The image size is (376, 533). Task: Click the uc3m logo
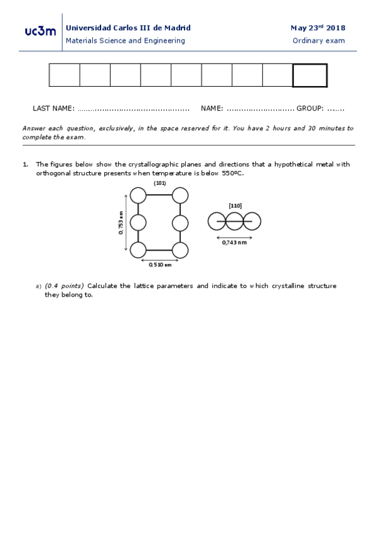pos(40,31)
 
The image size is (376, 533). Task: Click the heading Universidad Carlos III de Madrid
pos(128,28)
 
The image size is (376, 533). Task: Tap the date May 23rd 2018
pos(318,28)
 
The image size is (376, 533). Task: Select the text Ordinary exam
pos(319,41)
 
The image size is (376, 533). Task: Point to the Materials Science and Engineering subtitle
pos(126,41)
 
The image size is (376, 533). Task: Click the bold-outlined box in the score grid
pos(309,75)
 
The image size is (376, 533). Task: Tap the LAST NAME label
pos(53,109)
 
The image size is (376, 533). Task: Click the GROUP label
pos(310,109)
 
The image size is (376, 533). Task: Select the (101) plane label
pos(159,183)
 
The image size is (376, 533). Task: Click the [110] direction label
pos(235,206)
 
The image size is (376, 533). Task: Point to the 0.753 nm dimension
pos(121,223)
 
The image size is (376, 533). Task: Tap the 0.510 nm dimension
pos(159,265)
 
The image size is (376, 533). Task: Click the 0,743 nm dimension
pos(234,242)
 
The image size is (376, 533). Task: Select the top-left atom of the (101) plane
pos(138,195)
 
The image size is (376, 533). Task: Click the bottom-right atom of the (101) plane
pos(180,250)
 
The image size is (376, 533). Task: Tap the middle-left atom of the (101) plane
pos(138,223)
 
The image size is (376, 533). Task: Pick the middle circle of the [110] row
pos(234,221)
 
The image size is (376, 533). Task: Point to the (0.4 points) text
pos(64,286)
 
